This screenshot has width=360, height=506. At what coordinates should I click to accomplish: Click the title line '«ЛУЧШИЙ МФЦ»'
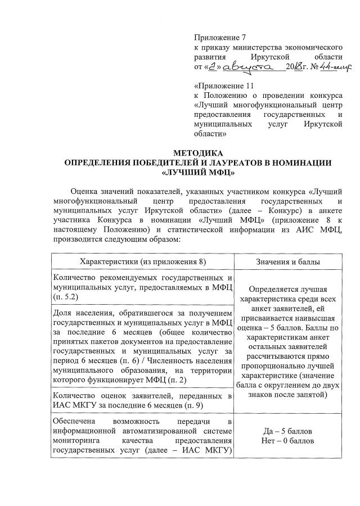point(197,173)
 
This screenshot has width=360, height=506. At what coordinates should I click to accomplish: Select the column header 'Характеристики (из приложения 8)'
point(143,262)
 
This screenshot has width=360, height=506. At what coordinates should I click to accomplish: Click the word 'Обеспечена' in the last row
point(73,422)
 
